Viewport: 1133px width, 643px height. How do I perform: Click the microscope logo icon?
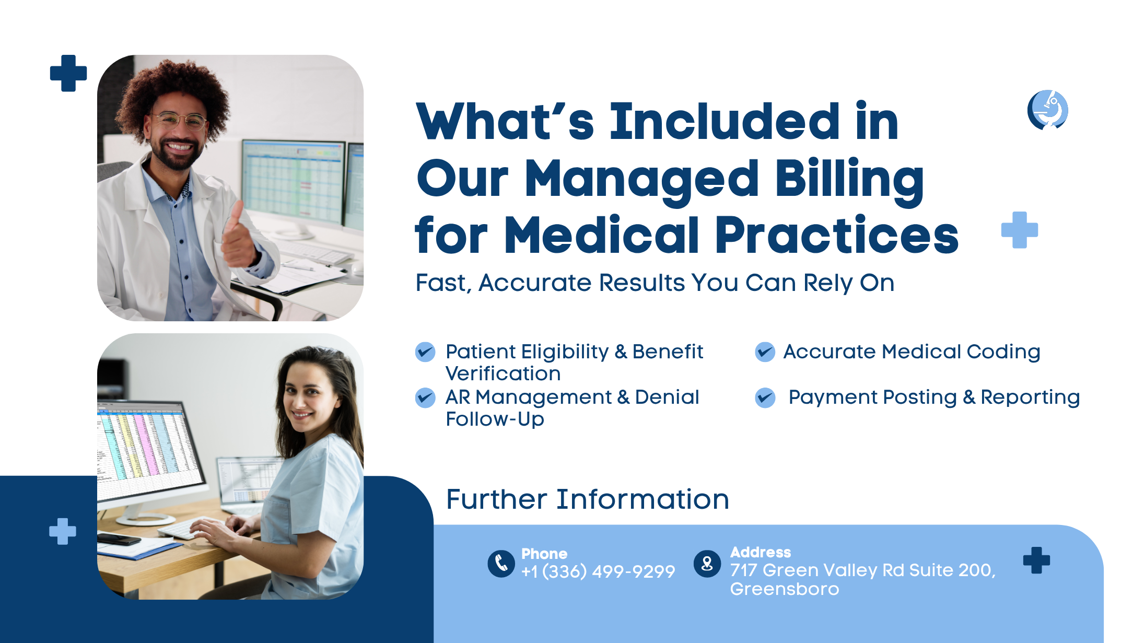1047,110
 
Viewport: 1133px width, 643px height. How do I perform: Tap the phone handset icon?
501,564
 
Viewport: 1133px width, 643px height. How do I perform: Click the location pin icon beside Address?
707,564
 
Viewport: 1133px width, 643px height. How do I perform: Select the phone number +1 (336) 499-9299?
598,571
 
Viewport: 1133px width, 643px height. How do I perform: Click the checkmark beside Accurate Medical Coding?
765,352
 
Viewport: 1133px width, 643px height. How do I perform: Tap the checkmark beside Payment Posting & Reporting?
765,398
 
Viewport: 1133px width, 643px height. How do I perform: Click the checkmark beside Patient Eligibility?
425,352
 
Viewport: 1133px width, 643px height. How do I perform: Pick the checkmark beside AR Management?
425,398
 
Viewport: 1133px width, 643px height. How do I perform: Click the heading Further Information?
588,499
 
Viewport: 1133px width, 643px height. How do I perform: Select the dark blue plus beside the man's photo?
68,73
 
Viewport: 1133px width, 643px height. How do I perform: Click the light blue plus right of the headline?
1020,230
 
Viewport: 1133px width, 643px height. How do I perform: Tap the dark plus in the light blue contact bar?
1036,560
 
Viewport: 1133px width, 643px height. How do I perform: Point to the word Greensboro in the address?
785,589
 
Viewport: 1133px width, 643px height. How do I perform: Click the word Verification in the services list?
503,374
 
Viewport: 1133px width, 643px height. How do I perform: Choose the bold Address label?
761,552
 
